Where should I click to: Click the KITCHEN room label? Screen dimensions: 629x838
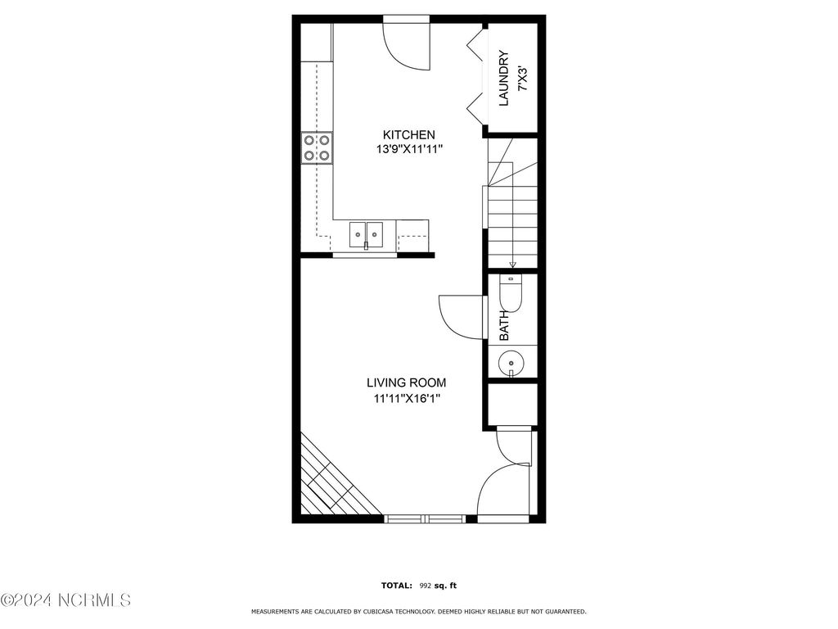tap(409, 134)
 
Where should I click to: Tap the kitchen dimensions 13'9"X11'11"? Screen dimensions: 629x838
tap(408, 150)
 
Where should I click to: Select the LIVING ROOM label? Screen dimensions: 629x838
tap(406, 382)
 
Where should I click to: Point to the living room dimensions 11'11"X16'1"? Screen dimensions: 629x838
tap(406, 399)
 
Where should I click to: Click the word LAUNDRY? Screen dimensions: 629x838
tap(504, 79)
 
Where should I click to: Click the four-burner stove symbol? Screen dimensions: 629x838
tap(317, 147)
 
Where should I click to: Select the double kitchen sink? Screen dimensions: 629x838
tap(366, 234)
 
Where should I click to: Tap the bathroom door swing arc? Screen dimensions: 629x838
tap(458, 316)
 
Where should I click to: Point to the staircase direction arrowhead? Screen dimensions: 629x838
tap(513, 265)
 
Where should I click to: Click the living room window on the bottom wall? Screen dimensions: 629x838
tap(425, 518)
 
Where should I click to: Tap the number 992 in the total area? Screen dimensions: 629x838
tap(426, 586)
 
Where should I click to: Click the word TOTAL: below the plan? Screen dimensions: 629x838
tap(397, 586)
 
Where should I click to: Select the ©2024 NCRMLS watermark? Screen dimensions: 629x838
tap(65, 601)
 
